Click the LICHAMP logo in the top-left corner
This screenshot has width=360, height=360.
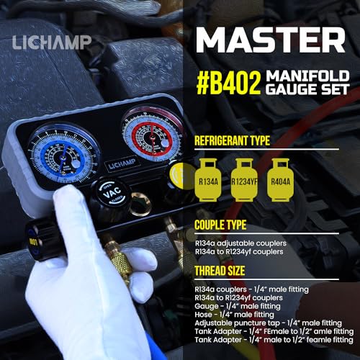(x=51, y=42)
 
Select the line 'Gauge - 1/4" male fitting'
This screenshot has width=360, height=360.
(x=238, y=305)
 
